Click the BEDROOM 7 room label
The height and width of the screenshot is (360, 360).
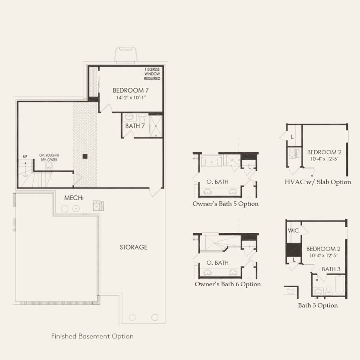(131, 90)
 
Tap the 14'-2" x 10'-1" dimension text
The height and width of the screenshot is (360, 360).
(131, 97)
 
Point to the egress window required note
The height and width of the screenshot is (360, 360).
(152, 74)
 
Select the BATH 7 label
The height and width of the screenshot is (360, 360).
(135, 126)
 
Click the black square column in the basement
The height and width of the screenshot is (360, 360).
(85, 157)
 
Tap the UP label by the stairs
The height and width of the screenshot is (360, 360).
(25, 157)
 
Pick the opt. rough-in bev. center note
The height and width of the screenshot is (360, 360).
(49, 157)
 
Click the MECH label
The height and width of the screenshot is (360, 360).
(73, 198)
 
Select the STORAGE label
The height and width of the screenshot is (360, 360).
(134, 247)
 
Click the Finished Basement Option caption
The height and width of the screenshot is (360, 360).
(92, 336)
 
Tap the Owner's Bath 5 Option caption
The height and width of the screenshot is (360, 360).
(225, 204)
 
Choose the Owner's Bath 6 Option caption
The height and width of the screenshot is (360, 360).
(228, 284)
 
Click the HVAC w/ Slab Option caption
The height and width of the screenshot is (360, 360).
(318, 182)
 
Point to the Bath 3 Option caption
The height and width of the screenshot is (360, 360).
(318, 305)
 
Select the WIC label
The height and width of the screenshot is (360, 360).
(294, 230)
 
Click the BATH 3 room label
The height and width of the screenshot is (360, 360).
(331, 269)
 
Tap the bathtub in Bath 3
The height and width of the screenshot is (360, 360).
(339, 285)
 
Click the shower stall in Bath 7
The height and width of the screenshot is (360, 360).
(156, 126)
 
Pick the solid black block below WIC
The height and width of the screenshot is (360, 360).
(294, 250)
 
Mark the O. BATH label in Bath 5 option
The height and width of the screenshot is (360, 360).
(217, 182)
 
